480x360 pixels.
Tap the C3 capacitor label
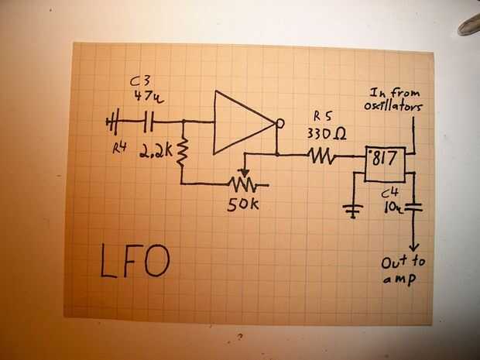142,81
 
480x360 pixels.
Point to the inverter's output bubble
279,123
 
